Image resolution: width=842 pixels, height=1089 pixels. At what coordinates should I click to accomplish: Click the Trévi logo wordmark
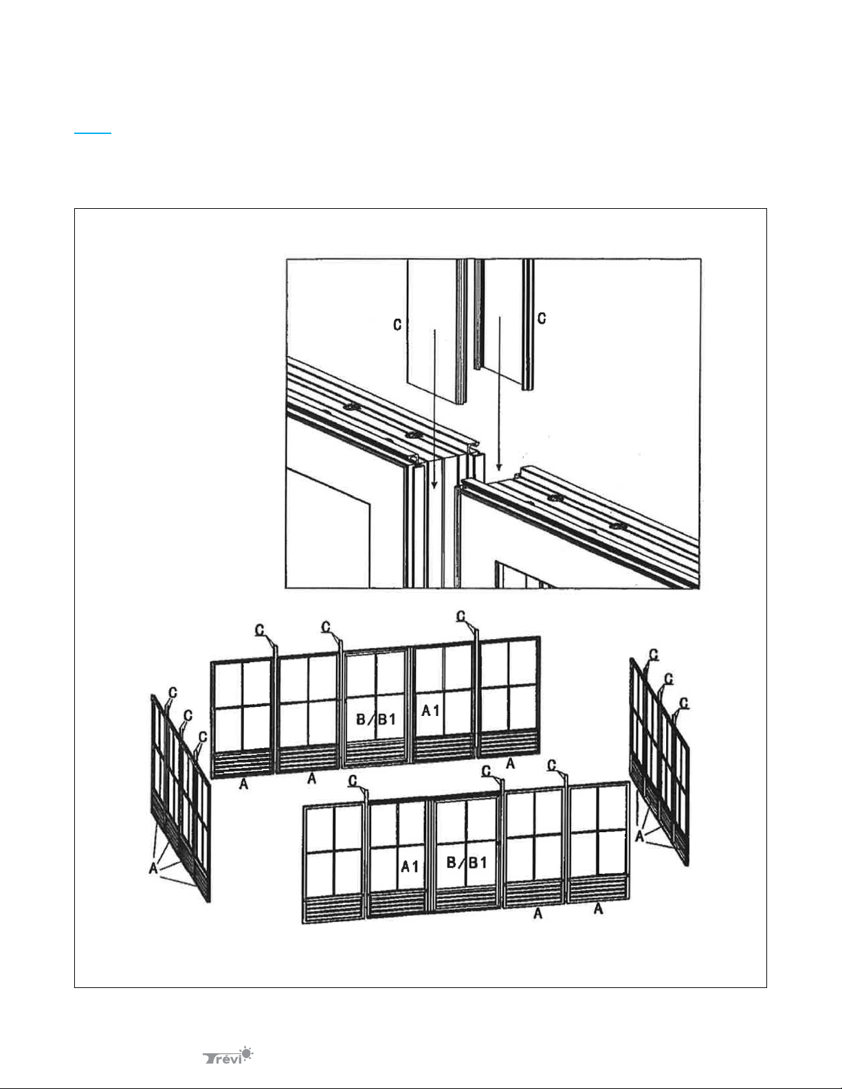point(222,1058)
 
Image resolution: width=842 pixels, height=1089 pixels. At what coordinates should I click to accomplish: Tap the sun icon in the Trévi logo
point(246,1053)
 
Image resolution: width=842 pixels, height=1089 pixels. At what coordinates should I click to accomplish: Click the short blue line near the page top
point(93,133)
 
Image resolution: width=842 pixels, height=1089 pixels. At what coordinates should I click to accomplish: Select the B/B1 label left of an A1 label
point(376,719)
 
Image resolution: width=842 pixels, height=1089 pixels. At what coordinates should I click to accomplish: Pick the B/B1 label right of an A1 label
point(467,862)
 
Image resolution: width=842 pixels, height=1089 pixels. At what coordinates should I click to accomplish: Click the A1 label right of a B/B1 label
point(430,710)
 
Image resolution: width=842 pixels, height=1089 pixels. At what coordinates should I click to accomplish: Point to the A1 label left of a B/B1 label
point(410,866)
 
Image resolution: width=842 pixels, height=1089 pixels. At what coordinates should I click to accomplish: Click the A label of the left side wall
point(153,868)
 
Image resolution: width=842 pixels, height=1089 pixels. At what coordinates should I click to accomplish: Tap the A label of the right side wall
point(639,836)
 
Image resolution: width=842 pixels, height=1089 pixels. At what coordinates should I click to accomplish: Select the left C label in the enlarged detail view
point(397,325)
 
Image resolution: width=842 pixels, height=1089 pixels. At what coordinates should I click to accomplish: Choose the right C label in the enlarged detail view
point(542,318)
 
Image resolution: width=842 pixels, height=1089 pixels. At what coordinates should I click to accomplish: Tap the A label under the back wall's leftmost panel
point(243,783)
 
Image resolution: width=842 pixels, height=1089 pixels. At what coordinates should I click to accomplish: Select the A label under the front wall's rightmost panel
point(599,908)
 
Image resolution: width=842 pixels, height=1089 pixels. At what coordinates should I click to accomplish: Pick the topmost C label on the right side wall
point(654,655)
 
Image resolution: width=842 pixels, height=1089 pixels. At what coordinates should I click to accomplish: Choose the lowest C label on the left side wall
point(203,737)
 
